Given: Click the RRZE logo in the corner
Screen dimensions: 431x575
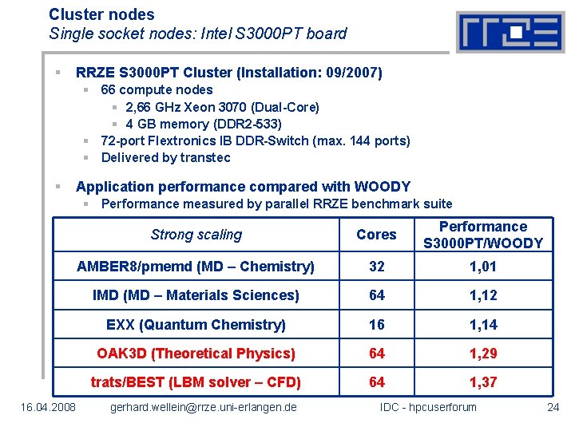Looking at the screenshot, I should (510, 32).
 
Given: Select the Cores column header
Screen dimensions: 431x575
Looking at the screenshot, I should (376, 235).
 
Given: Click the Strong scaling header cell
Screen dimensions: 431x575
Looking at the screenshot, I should (196, 235).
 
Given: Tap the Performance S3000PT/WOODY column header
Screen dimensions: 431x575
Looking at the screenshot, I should (483, 235).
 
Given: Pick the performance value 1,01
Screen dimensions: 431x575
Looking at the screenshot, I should (483, 267).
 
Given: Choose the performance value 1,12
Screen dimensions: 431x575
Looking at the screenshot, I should (483, 295).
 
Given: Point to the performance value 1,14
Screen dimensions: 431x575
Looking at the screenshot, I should (483, 325).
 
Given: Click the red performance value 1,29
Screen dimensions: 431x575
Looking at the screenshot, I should (483, 354).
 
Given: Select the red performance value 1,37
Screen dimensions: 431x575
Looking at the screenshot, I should (483, 382).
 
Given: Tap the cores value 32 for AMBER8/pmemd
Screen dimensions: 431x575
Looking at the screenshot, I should (376, 267).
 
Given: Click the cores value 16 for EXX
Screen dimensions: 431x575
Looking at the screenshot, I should (376, 325).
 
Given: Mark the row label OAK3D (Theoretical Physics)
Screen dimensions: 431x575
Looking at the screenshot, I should (196, 354).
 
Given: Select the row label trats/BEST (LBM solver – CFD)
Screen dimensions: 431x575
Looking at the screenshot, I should (196, 382).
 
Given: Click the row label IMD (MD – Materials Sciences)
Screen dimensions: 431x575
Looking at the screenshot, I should (196, 295).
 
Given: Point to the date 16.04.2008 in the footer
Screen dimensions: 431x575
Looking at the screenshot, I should (49, 408).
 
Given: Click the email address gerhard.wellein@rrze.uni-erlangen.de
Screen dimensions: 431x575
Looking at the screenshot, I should (204, 408).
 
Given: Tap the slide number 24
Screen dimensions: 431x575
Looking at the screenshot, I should (553, 408).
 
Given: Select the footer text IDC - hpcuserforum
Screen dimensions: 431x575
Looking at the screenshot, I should (428, 408).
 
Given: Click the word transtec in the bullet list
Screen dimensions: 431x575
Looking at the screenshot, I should (205, 157).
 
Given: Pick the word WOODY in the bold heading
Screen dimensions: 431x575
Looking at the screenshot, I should (382, 187).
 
